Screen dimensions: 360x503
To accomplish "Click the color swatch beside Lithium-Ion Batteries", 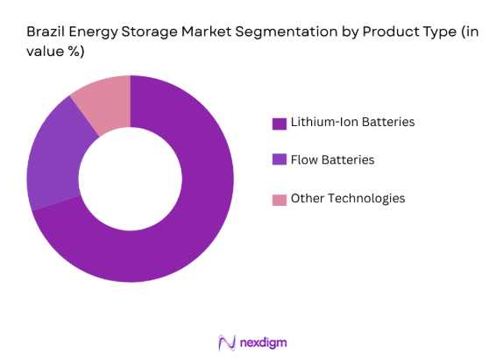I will [280, 124].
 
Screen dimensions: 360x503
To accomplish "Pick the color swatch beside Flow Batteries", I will [280, 160].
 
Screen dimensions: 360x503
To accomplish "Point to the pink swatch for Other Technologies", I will [280, 199].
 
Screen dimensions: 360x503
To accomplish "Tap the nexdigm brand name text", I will [263, 342].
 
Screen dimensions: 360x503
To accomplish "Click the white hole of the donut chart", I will [130, 179].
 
